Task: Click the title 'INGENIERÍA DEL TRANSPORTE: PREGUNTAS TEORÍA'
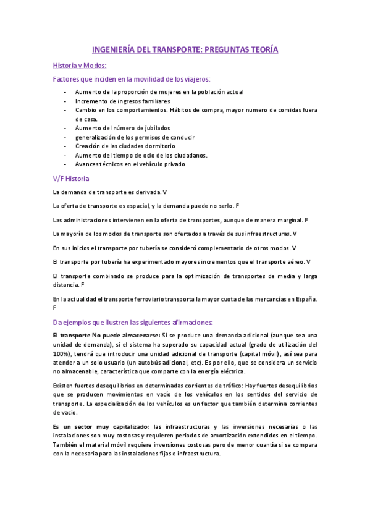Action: [x=185, y=51]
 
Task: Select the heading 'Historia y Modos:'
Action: [x=80, y=65]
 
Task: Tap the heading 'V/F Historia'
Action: [x=72, y=179]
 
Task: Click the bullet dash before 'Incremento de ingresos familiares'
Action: [x=65, y=101]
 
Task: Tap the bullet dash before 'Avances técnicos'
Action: [x=65, y=164]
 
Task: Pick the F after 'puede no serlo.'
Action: [x=238, y=205]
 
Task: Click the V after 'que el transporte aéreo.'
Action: [x=308, y=262]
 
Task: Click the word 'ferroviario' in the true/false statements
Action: [x=136, y=300]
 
